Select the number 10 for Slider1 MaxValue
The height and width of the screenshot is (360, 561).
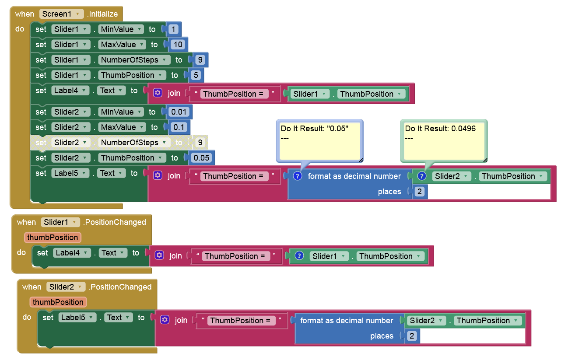click(178, 45)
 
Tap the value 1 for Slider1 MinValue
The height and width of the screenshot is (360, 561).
click(173, 29)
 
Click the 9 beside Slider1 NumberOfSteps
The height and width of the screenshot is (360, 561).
click(200, 60)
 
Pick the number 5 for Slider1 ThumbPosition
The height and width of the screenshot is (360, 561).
click(196, 75)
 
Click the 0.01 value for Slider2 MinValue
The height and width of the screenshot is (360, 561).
click(179, 112)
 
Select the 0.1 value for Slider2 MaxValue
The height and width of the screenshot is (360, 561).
click(179, 127)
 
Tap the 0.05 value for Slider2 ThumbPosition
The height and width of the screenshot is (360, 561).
click(201, 158)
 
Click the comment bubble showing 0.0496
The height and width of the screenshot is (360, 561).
click(444, 141)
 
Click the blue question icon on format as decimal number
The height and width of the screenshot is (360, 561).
click(298, 176)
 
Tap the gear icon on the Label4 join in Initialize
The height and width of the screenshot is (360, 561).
click(158, 93)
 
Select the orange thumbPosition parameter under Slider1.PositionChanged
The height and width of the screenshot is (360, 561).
click(53, 238)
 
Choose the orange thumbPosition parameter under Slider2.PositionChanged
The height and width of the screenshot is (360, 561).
click(58, 302)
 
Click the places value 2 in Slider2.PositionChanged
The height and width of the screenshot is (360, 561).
click(412, 336)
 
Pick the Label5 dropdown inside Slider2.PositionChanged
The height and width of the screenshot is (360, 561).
click(77, 318)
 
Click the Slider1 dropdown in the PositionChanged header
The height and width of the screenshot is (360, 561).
click(60, 222)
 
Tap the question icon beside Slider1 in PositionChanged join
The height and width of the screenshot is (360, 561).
click(299, 256)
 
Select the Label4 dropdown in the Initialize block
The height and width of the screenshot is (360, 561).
click(70, 91)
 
